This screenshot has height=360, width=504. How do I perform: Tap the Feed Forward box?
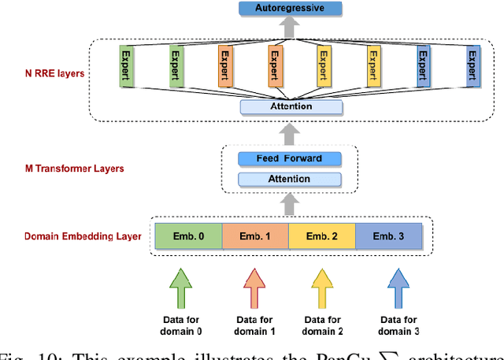[x=289, y=159]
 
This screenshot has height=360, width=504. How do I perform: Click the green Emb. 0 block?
[x=187, y=236]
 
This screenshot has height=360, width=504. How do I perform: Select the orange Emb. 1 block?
[x=255, y=236]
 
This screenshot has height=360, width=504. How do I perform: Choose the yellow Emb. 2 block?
[x=322, y=236]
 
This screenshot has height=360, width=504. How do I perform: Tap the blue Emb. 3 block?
[x=389, y=236]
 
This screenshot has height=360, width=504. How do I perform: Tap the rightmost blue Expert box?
[x=472, y=65]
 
